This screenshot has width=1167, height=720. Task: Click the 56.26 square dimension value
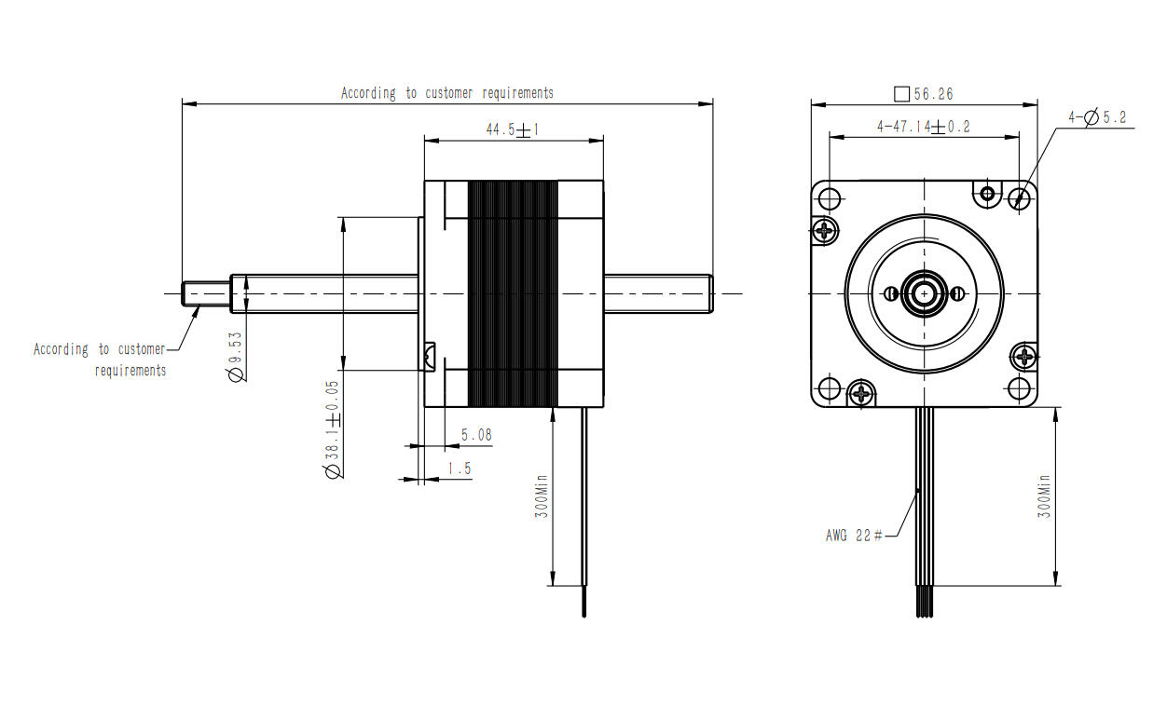point(933,94)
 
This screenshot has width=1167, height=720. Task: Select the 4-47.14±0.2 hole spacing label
point(923,127)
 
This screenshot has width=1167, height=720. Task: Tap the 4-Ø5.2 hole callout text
point(1098,117)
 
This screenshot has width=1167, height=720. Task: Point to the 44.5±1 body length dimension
point(513,130)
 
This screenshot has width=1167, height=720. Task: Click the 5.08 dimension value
point(476,435)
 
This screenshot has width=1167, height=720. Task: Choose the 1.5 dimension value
point(460,469)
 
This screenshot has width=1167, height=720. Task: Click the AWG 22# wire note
point(854,536)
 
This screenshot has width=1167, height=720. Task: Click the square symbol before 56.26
point(900,94)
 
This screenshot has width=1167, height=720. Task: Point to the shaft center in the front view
point(924,292)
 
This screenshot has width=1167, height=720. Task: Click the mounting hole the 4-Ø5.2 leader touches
point(1020,197)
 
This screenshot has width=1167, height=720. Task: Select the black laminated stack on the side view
point(513,293)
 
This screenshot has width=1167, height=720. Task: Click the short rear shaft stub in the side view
point(658,292)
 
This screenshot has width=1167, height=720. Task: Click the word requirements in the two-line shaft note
point(130,371)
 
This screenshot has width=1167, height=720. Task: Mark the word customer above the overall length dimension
point(450,93)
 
